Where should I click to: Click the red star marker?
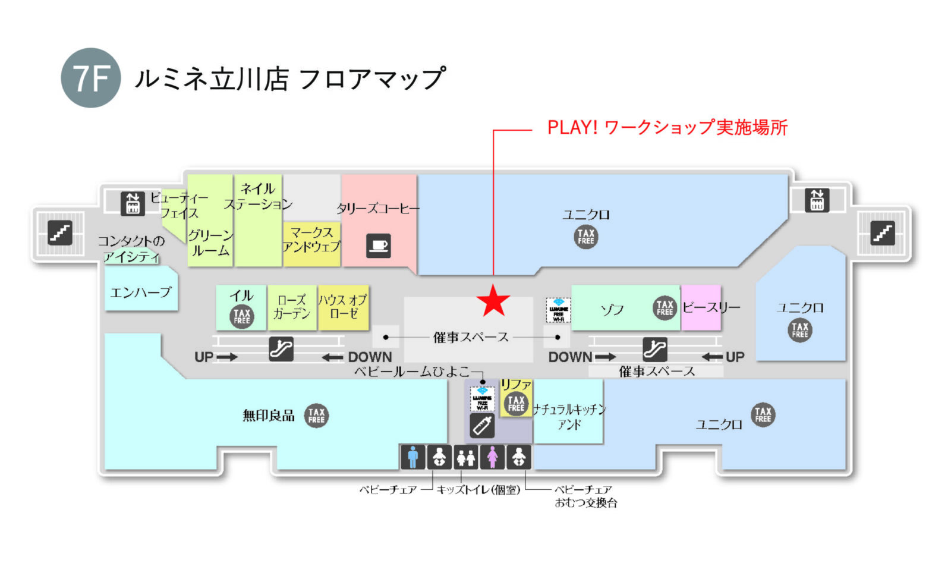(x=493, y=301)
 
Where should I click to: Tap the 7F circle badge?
(x=91, y=78)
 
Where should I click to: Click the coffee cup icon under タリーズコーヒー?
(x=378, y=245)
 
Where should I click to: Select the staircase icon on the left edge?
(x=59, y=232)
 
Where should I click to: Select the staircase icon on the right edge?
(x=883, y=232)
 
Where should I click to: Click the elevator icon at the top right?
(x=817, y=200)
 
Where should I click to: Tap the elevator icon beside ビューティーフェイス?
(x=133, y=203)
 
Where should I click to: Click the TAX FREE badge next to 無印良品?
(x=316, y=416)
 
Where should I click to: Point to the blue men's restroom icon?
(x=412, y=457)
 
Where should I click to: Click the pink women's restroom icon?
(x=492, y=457)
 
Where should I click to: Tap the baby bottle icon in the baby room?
(x=482, y=426)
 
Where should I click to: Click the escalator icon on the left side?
(x=281, y=349)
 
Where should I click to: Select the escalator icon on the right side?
(x=654, y=349)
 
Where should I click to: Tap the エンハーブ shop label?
(x=140, y=292)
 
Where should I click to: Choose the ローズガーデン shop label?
(x=291, y=307)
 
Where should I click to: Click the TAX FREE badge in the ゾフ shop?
(x=665, y=307)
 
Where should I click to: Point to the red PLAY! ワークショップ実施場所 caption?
(x=667, y=127)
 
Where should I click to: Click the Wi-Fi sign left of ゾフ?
(x=558, y=310)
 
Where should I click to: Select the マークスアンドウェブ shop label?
(x=311, y=239)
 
